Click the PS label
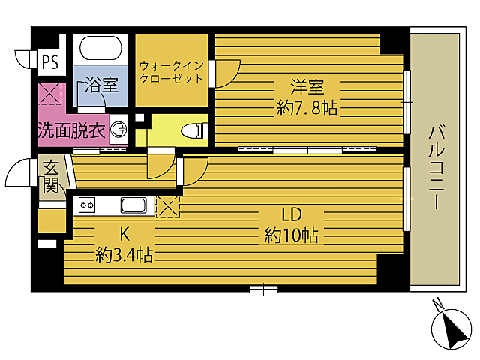point(49,62)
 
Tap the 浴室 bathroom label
point(100,84)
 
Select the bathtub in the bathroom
point(100,50)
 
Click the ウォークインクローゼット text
point(172,71)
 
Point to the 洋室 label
point(307,86)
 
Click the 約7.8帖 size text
point(307,109)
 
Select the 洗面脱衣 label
point(72,130)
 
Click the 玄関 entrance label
point(50,177)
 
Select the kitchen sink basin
point(135,205)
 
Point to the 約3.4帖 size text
point(124,256)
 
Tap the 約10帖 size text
point(292,236)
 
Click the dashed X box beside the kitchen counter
point(166,205)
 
